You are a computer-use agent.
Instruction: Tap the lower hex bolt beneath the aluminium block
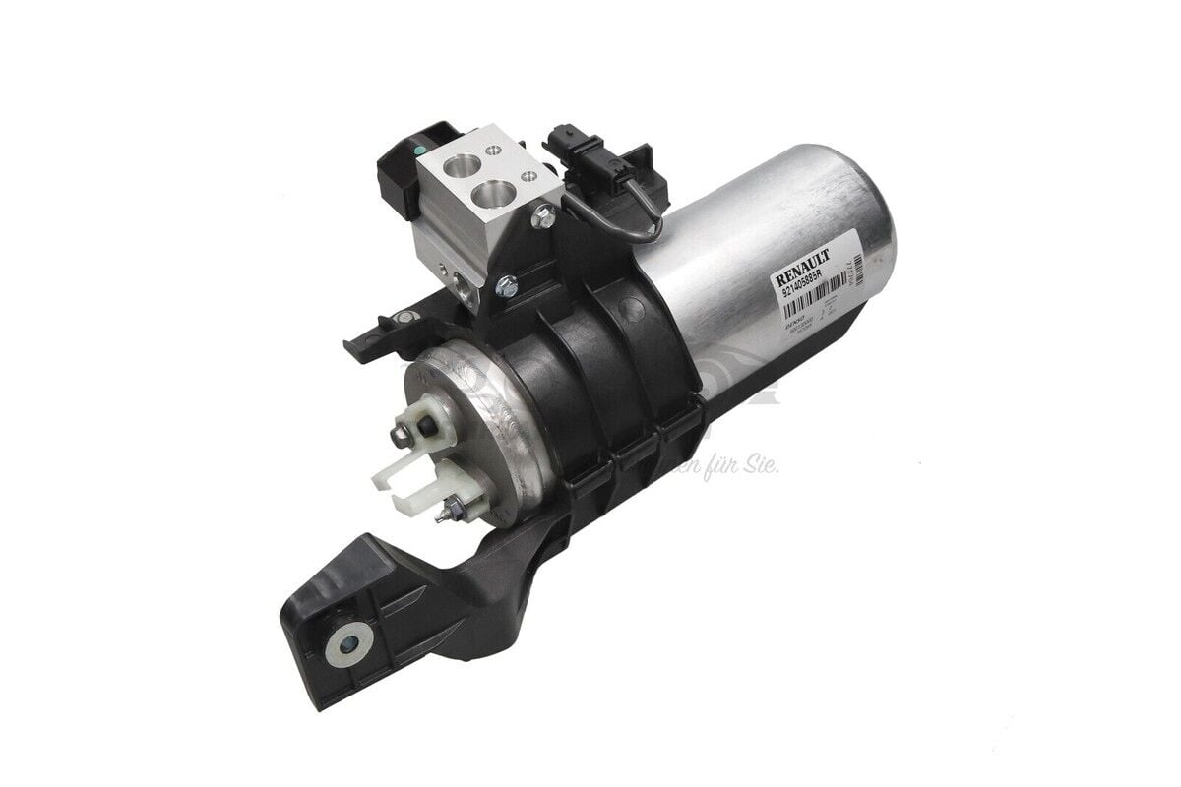[x=505, y=286]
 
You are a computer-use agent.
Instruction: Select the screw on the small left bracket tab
[x=403, y=317]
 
